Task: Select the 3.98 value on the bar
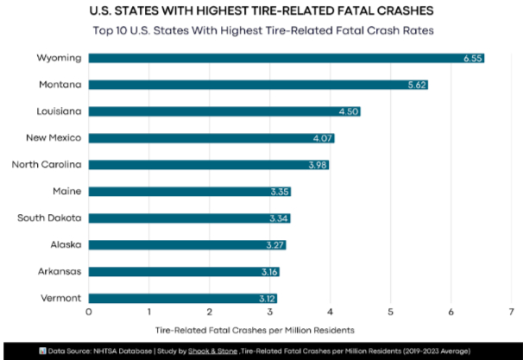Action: click(318, 165)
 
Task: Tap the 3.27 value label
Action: click(274, 245)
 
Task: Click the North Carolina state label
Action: click(47, 164)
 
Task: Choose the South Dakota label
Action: click(50, 218)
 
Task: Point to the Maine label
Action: click(67, 191)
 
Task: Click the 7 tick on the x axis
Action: click(511, 312)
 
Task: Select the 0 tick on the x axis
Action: click(88, 312)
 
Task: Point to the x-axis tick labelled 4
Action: click(330, 312)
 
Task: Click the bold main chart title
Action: click(261, 12)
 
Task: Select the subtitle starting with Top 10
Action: click(261, 31)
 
